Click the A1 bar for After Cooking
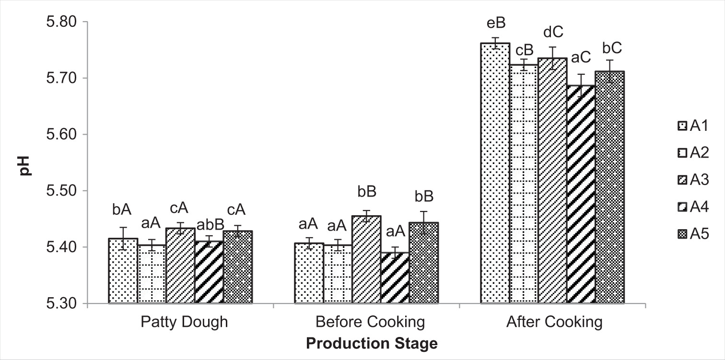coord(495,173)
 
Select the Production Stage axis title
coord(372,344)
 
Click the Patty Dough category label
coord(184,322)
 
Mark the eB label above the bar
coord(495,23)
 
